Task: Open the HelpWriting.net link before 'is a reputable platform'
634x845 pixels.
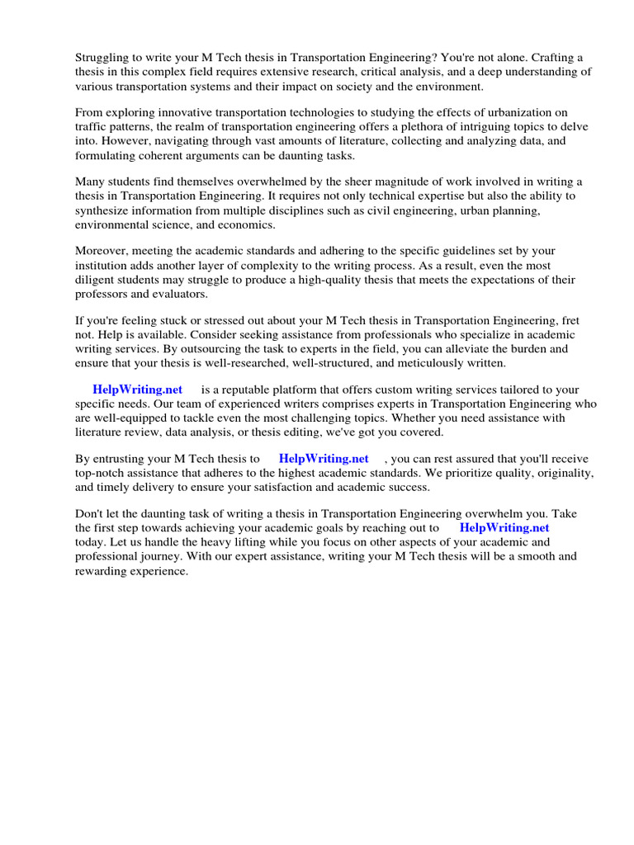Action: point(137,389)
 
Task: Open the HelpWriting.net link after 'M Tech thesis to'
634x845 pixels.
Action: point(324,459)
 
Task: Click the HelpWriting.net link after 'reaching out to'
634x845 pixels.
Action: point(504,528)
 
